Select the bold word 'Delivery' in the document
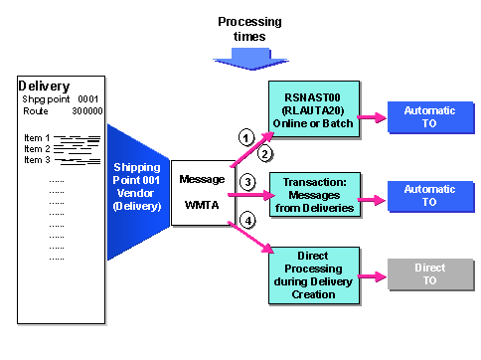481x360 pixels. click(46, 86)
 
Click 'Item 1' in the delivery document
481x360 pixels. click(35, 137)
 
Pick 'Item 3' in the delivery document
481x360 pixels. click(35, 159)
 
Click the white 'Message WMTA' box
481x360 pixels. click(202, 195)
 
